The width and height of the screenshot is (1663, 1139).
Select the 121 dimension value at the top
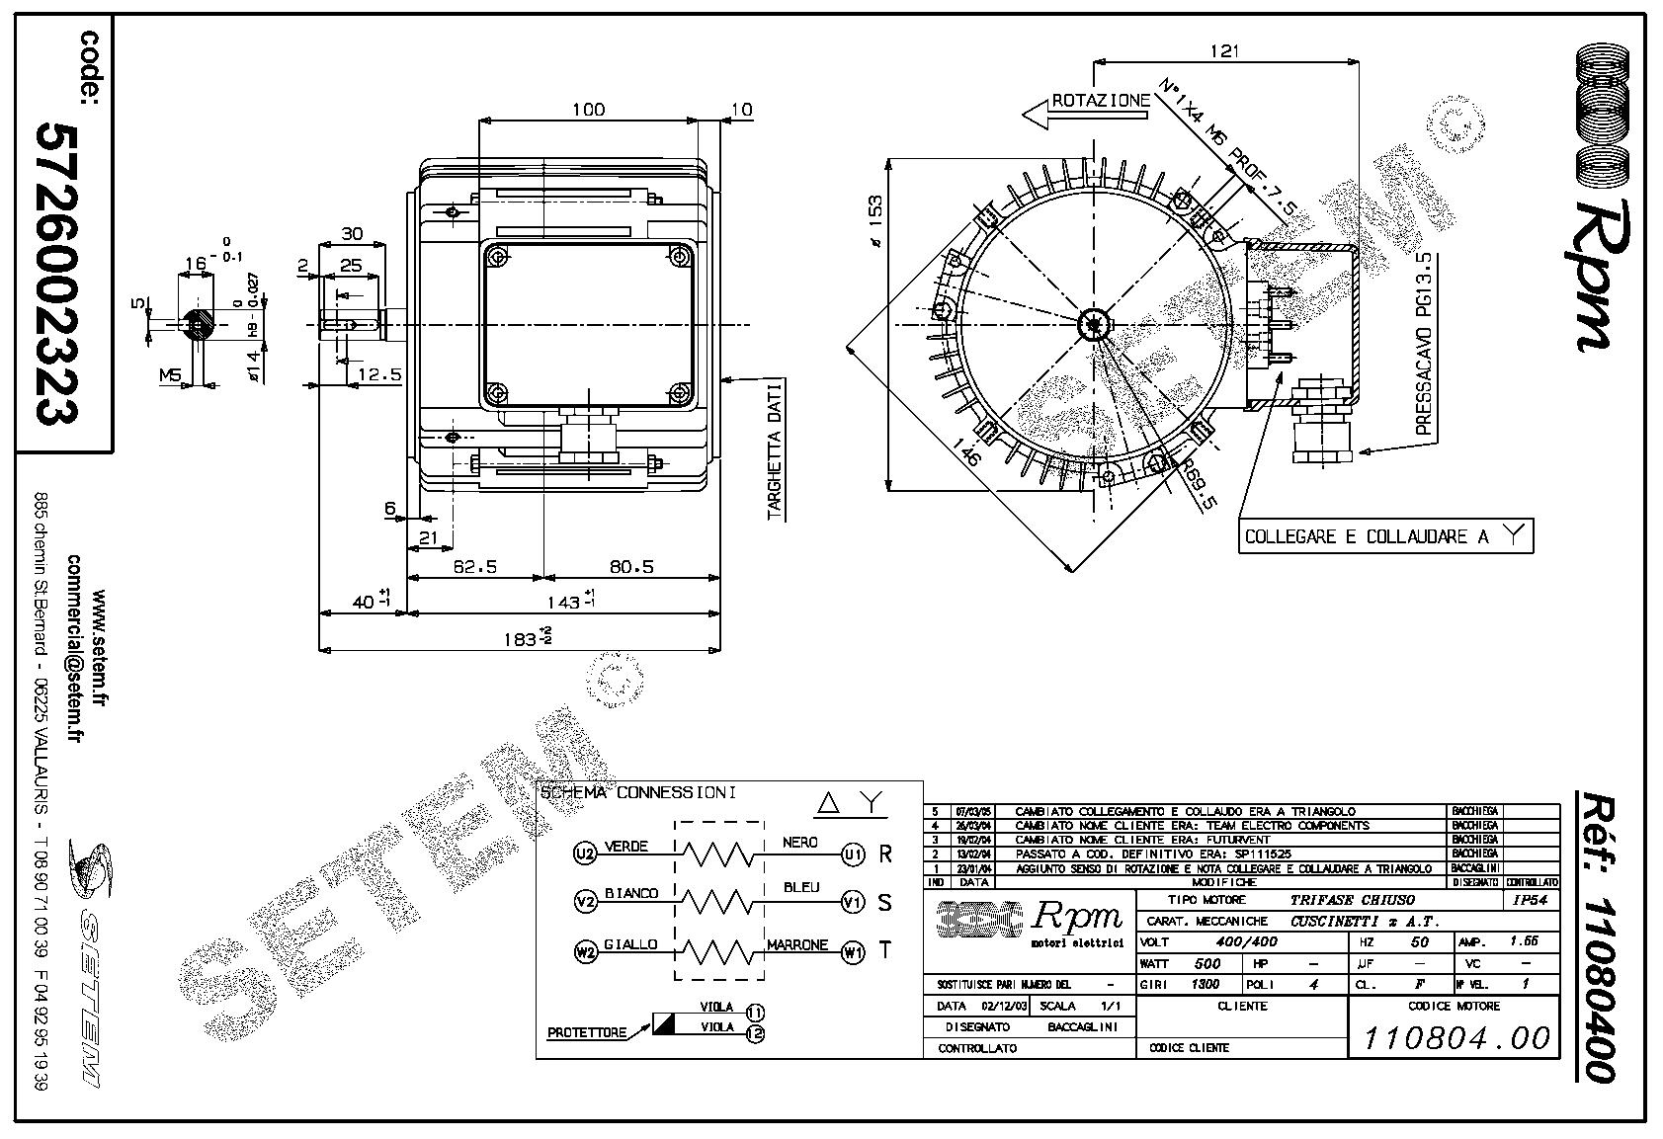(x=1223, y=51)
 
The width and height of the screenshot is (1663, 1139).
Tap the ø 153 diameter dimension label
(x=874, y=220)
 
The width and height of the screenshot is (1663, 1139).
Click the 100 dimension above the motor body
(x=589, y=110)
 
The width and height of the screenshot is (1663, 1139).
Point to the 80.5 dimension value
(x=631, y=567)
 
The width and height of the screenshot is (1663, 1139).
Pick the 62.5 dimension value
(x=474, y=567)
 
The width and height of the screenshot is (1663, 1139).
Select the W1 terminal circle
(x=853, y=952)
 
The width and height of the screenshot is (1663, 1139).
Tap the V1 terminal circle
(x=853, y=901)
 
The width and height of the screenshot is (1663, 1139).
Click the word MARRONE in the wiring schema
(x=797, y=945)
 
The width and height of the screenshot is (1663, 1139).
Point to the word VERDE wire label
(x=626, y=847)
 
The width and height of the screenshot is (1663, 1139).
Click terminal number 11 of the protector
(x=756, y=1012)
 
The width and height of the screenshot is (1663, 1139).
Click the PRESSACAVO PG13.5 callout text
(x=1424, y=343)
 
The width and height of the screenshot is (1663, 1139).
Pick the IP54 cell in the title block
(x=1530, y=900)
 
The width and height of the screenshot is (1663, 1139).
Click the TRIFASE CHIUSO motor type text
(x=1352, y=900)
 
